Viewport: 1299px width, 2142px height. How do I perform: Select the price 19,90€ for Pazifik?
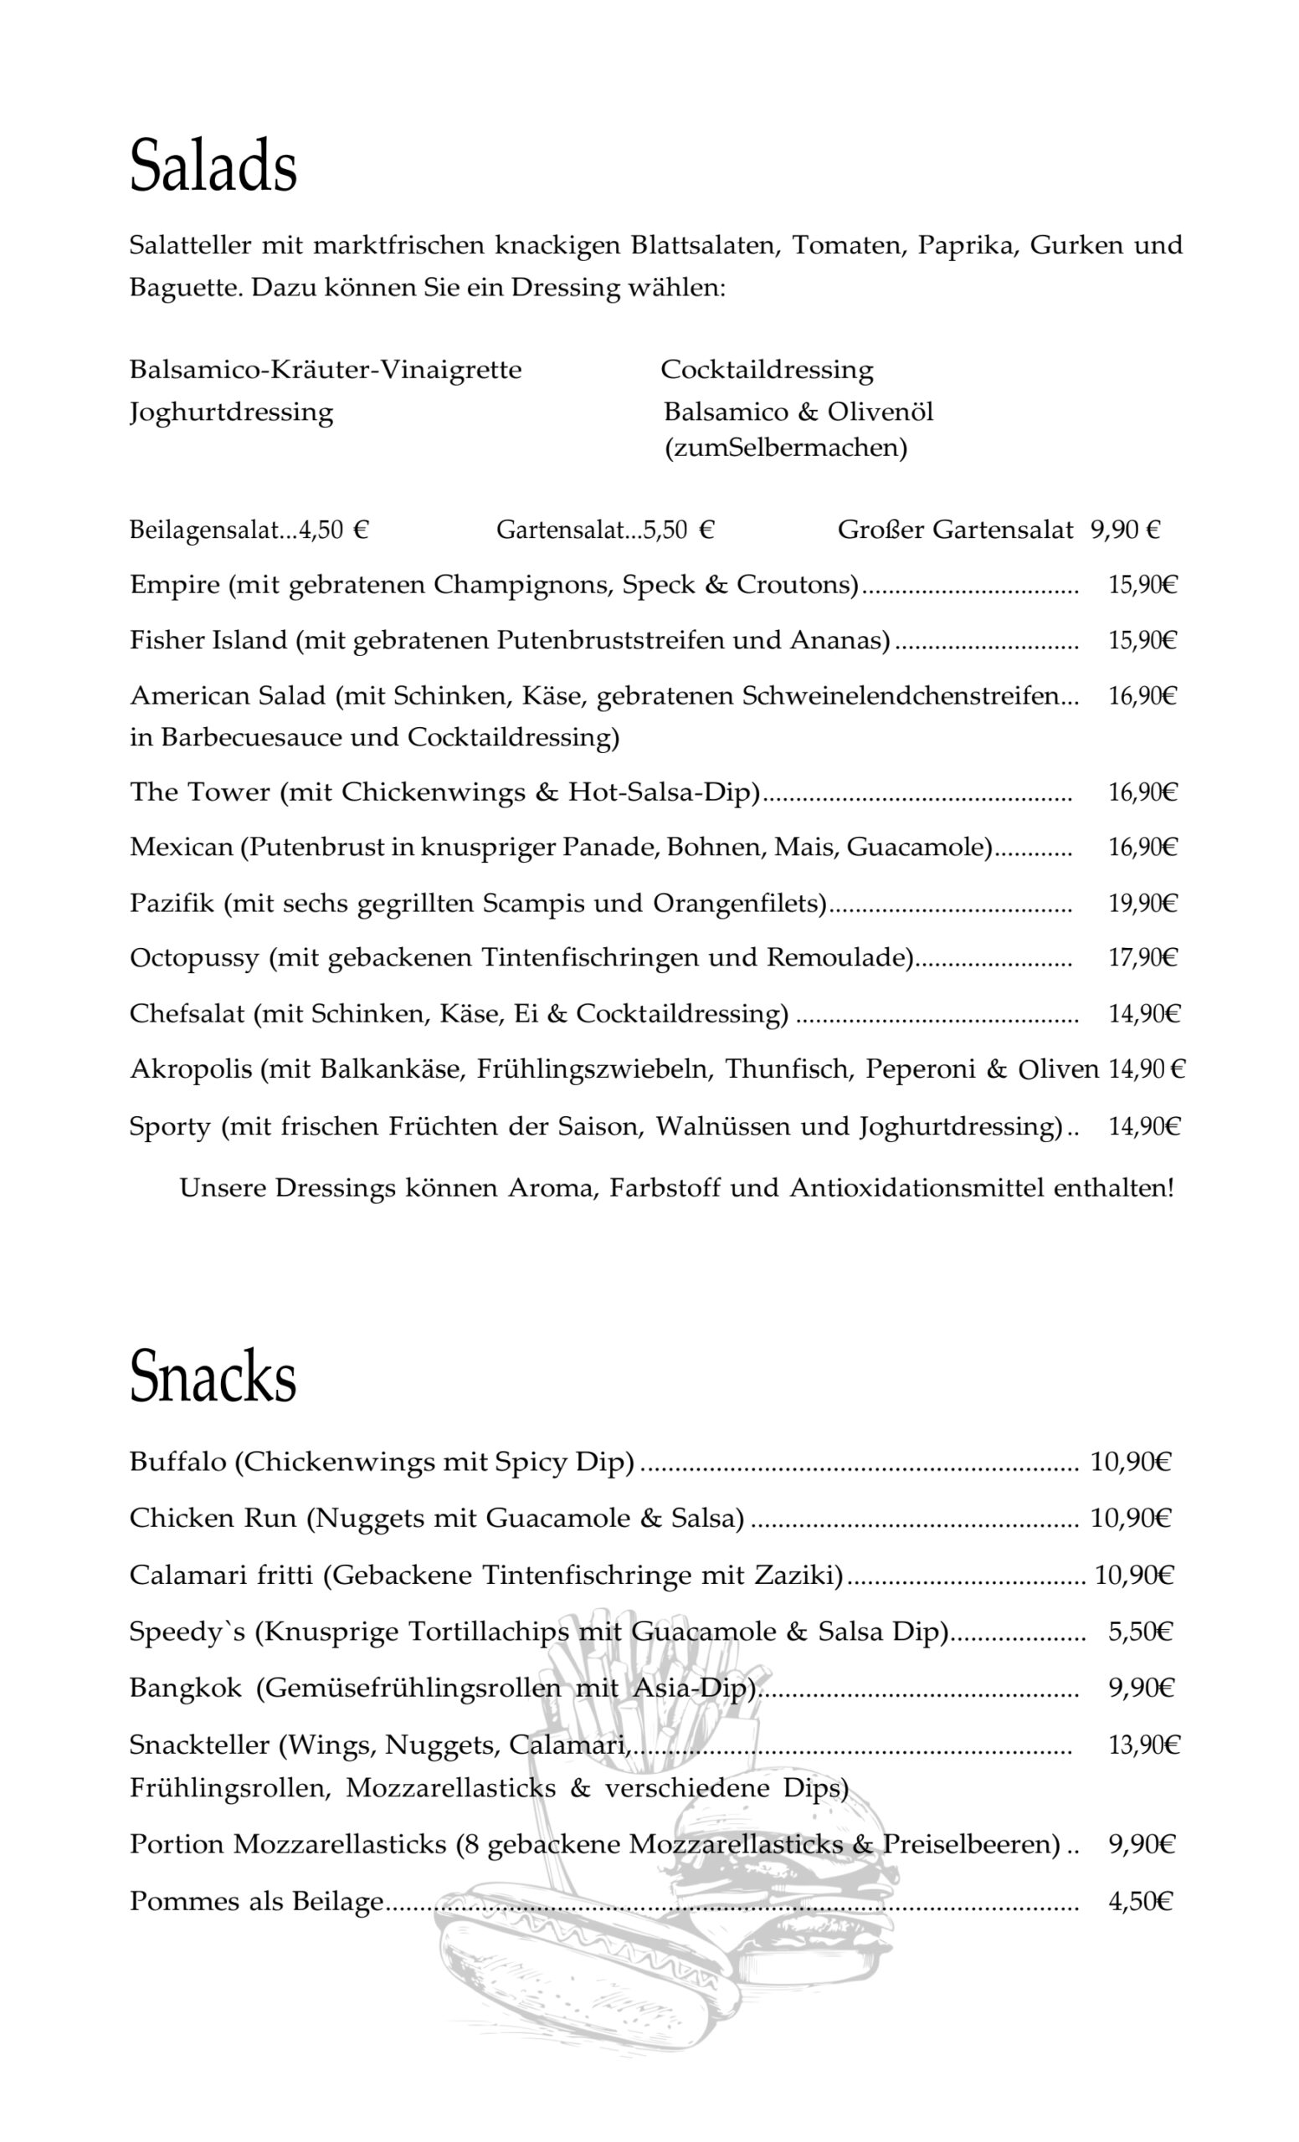click(x=1142, y=903)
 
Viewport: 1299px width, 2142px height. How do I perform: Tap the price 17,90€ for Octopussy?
click(x=1142, y=958)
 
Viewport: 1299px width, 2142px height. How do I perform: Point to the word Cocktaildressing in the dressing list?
click(x=766, y=370)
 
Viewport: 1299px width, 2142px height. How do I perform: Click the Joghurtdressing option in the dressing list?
click(x=231, y=411)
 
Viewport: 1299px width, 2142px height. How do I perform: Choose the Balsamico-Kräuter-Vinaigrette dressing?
click(x=326, y=370)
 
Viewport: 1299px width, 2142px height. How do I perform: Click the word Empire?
click(x=174, y=584)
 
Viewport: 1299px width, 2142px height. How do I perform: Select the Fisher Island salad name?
click(x=208, y=640)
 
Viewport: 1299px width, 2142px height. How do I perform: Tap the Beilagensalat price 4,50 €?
click(x=335, y=530)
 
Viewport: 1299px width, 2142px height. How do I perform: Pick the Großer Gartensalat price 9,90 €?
click(x=1125, y=530)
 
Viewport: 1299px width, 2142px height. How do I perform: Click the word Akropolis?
click(x=191, y=1069)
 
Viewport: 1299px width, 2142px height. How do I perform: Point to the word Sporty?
click(x=170, y=1126)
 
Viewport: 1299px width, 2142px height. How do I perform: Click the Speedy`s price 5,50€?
click(x=1140, y=1632)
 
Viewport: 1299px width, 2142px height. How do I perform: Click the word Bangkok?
click(x=185, y=1688)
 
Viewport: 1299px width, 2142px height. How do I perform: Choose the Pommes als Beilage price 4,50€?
click(x=1140, y=1901)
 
